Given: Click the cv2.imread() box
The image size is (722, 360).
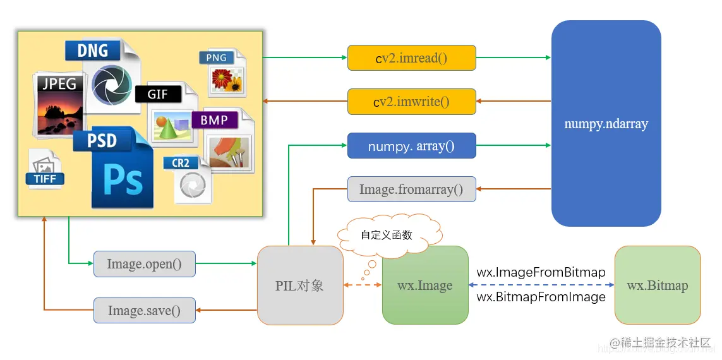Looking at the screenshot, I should tap(411, 57).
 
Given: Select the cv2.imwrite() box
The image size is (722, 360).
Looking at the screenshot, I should tap(411, 102).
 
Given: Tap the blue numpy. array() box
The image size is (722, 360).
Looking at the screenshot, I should tap(411, 146).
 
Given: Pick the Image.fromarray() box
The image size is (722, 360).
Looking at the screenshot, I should tap(411, 189).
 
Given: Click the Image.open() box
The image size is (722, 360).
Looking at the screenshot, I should tap(144, 264).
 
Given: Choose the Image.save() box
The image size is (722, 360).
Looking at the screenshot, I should tap(144, 311).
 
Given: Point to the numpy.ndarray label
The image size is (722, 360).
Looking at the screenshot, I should tap(606, 124).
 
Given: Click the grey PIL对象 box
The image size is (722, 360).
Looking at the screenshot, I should tap(300, 285).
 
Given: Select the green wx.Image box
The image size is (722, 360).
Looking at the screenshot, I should tap(425, 285).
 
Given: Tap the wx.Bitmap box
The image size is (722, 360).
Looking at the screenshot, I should tap(657, 285).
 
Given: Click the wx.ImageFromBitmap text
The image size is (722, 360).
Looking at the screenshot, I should tap(541, 273).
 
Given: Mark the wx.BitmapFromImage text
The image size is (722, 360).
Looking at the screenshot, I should tap(541, 297).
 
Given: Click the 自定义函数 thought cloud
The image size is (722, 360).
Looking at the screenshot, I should tap(387, 235).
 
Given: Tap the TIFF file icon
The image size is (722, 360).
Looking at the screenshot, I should tap(45, 169).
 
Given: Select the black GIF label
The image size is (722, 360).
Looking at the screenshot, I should tap(158, 94).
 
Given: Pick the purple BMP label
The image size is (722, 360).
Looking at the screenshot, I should tap(214, 119).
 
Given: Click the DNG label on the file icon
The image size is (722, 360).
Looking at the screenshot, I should tap(93, 50).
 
